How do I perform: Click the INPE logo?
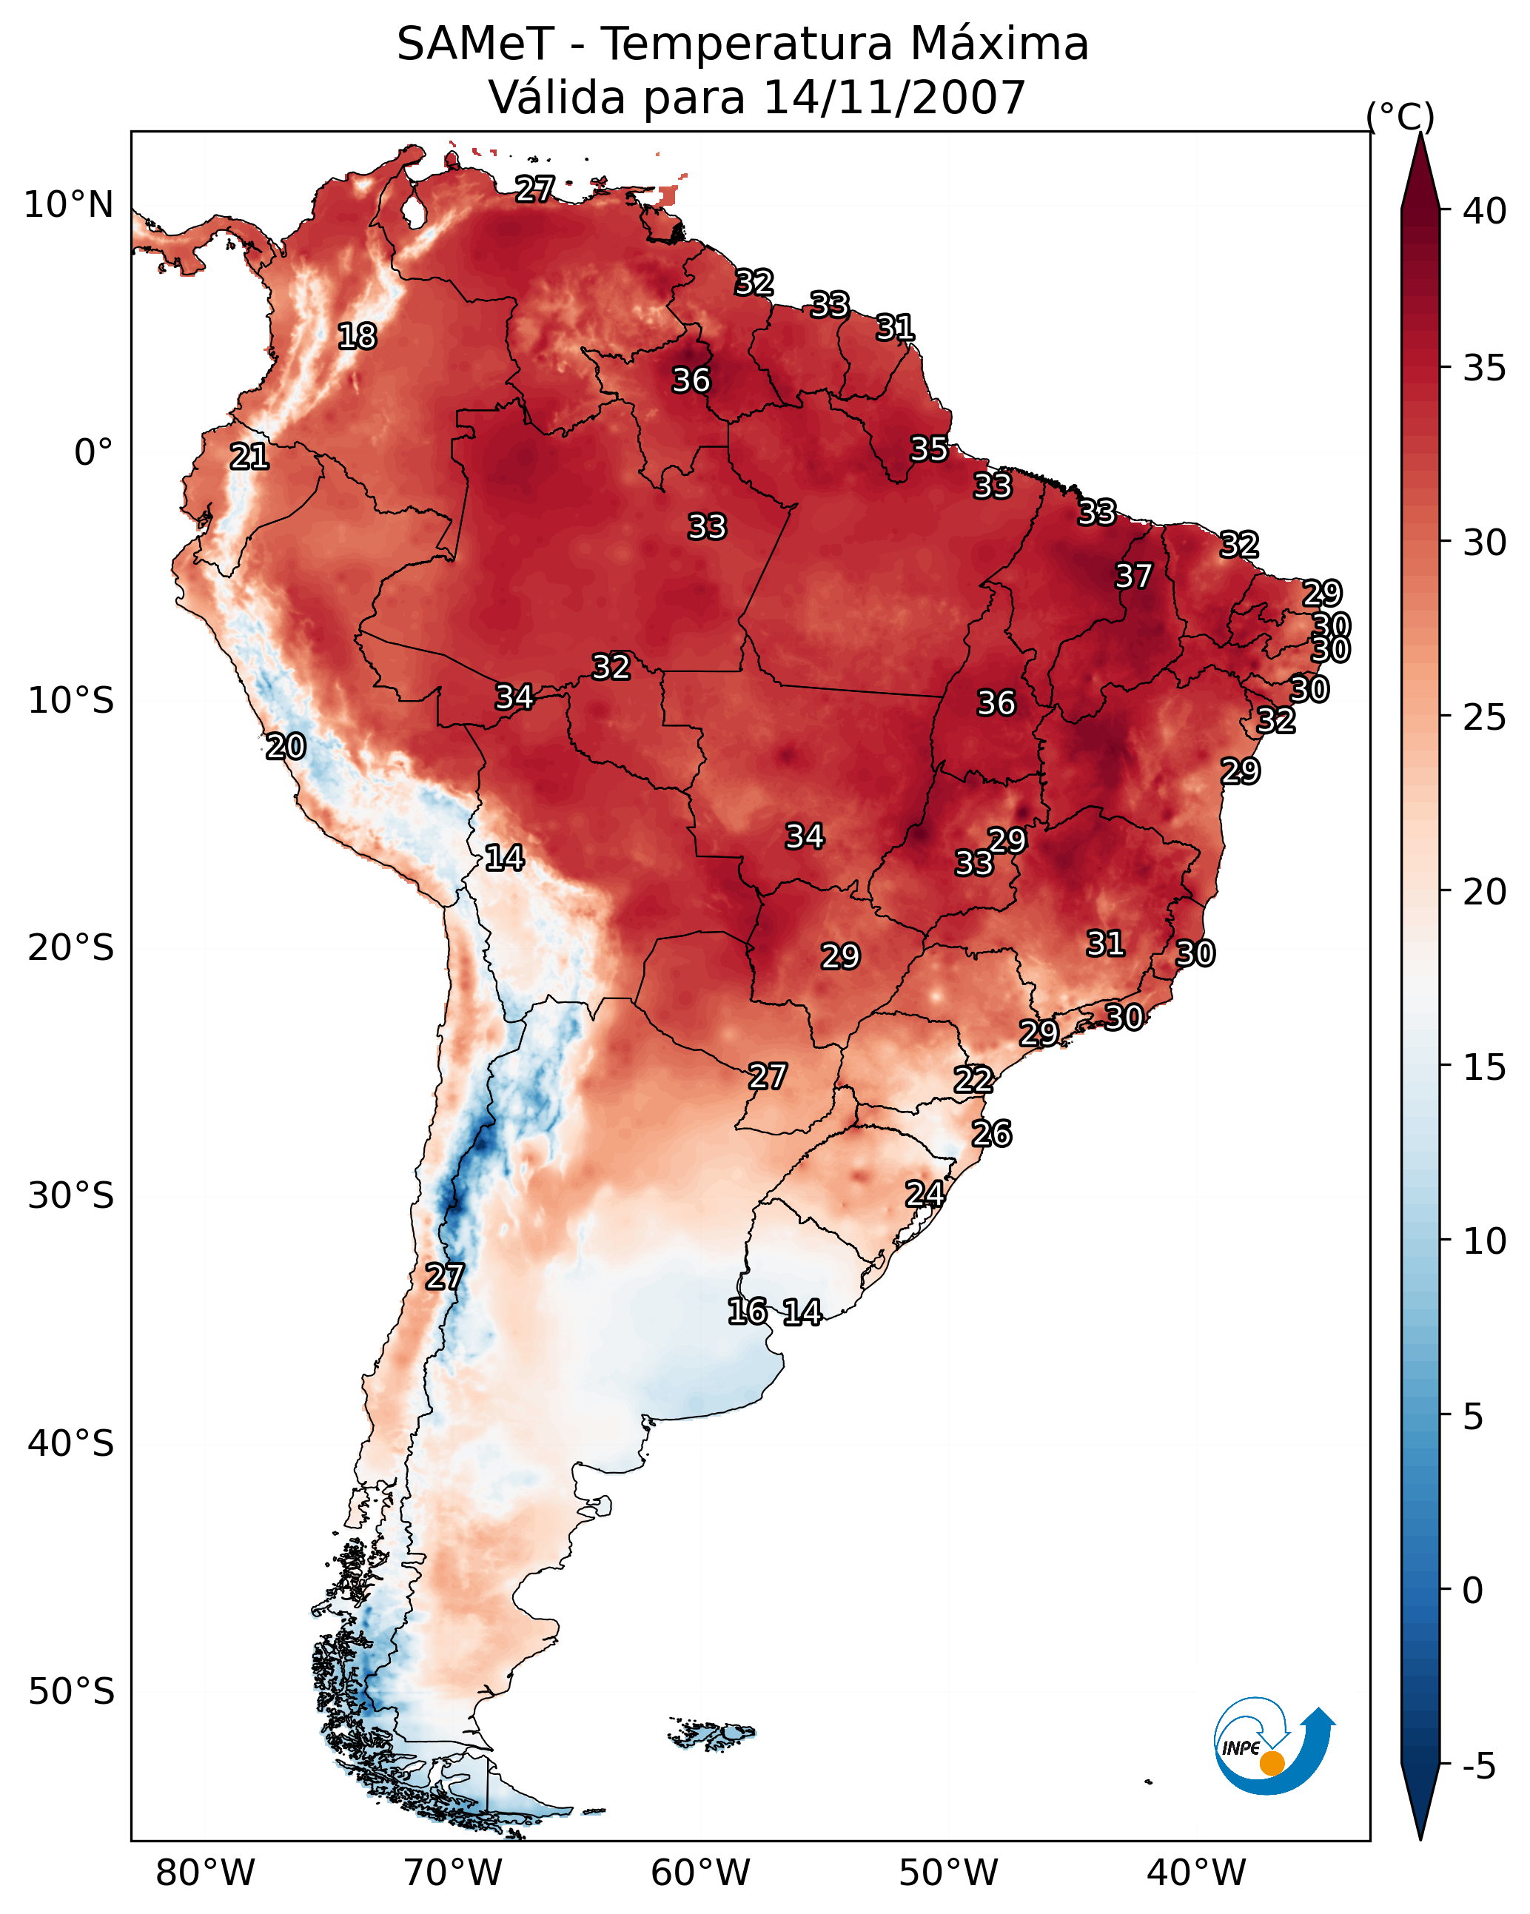[x=1273, y=1748]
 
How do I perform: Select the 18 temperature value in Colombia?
[x=357, y=337]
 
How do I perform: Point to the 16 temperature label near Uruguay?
[x=747, y=1312]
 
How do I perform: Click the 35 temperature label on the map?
[x=929, y=449]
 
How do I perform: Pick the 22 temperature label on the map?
[x=973, y=1080]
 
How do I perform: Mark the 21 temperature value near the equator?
[x=249, y=457]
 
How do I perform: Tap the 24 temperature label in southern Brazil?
[x=925, y=1193]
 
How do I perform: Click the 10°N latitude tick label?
[x=68, y=205]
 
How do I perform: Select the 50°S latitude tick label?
[x=71, y=1691]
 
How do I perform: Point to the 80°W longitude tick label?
[x=205, y=1873]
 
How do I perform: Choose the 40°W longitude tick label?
[x=1196, y=1873]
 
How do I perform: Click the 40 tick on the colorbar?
[x=1485, y=211]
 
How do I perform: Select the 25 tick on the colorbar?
[x=1485, y=717]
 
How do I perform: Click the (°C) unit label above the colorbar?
[x=1400, y=116]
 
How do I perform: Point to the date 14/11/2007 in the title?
[x=894, y=98]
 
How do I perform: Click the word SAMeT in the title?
[x=475, y=44]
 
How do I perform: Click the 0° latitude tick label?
[x=93, y=453]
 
